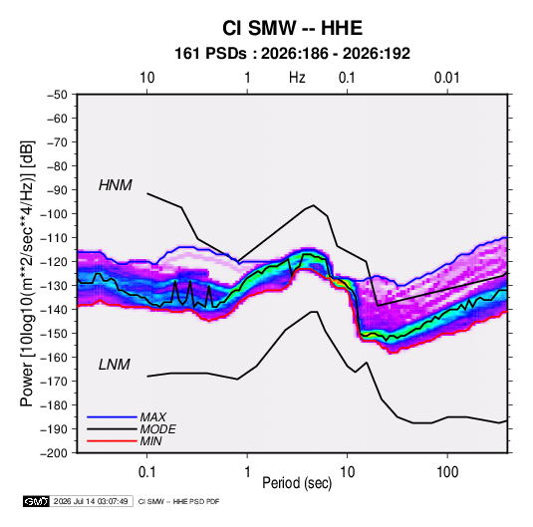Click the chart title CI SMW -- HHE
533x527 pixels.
(292, 28)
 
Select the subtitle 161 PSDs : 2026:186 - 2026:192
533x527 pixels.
(292, 54)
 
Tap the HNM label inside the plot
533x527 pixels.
(116, 185)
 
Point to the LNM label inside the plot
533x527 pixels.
(115, 365)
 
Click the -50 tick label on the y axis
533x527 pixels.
(57, 95)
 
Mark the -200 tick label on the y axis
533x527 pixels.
(54, 453)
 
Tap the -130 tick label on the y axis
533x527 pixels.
(54, 286)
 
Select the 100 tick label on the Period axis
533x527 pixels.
(447, 472)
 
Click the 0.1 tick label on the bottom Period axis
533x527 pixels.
(146, 472)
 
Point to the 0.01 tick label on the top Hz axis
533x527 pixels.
(446, 78)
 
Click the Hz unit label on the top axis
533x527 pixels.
(297, 78)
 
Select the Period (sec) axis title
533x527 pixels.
(297, 483)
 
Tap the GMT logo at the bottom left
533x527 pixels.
(36, 501)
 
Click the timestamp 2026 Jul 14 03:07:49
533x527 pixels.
(91, 501)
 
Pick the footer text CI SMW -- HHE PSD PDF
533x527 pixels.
(178, 501)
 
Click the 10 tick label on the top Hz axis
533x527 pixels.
(147, 78)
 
